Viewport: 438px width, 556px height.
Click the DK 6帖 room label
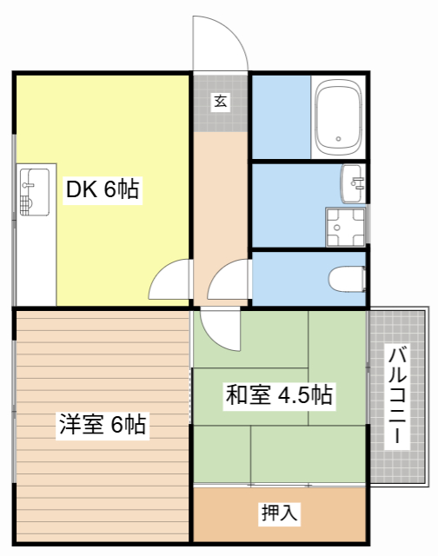tap(102, 189)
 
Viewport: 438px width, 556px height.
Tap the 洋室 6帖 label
tap(102, 425)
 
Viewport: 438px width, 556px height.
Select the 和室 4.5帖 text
tap(278, 395)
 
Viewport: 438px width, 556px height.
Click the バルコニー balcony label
tap(399, 395)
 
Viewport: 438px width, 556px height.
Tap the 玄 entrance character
tap(220, 102)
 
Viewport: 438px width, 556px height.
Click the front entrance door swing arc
tap(222, 43)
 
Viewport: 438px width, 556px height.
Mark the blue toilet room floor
tap(287, 278)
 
